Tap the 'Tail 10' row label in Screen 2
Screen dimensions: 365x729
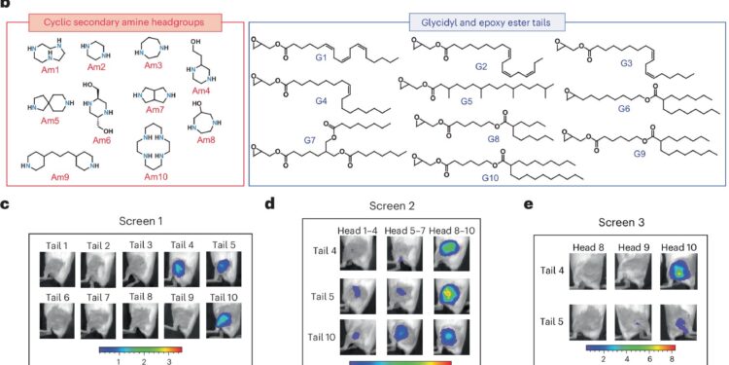323,338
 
